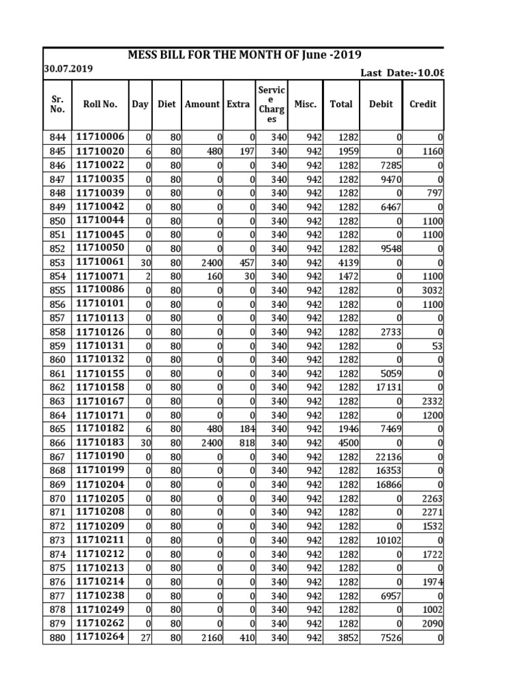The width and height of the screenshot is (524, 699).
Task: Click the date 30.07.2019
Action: point(69,69)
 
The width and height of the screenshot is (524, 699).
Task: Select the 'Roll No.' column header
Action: point(100,104)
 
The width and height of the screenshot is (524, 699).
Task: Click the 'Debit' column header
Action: point(381,104)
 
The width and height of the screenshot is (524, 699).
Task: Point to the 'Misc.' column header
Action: point(305,104)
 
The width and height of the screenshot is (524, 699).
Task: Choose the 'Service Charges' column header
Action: point(272,104)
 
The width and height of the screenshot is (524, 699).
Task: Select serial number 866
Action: point(57,442)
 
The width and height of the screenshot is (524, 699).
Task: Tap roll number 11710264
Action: point(100,638)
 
